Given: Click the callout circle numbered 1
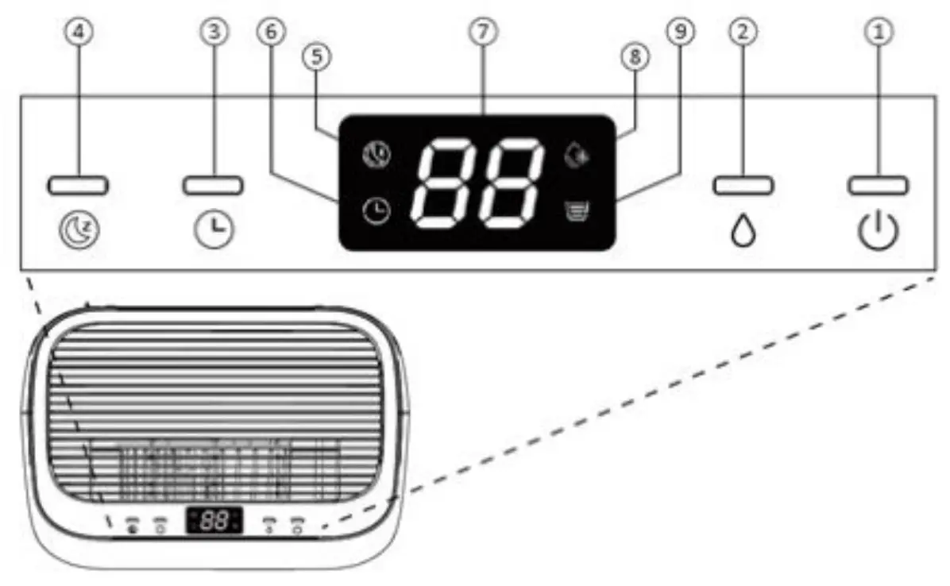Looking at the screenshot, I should click(877, 32).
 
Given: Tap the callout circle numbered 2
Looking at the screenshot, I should click(743, 32).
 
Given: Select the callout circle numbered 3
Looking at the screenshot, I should click(213, 32).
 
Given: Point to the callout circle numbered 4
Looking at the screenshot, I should click(78, 32).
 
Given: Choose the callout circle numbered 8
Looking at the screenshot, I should click(635, 58).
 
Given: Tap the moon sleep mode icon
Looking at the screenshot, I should click(78, 231).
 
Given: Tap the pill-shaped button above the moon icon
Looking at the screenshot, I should click(78, 186).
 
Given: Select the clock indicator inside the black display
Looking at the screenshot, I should click(377, 211).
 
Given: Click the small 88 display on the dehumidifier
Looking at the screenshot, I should click(214, 521).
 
